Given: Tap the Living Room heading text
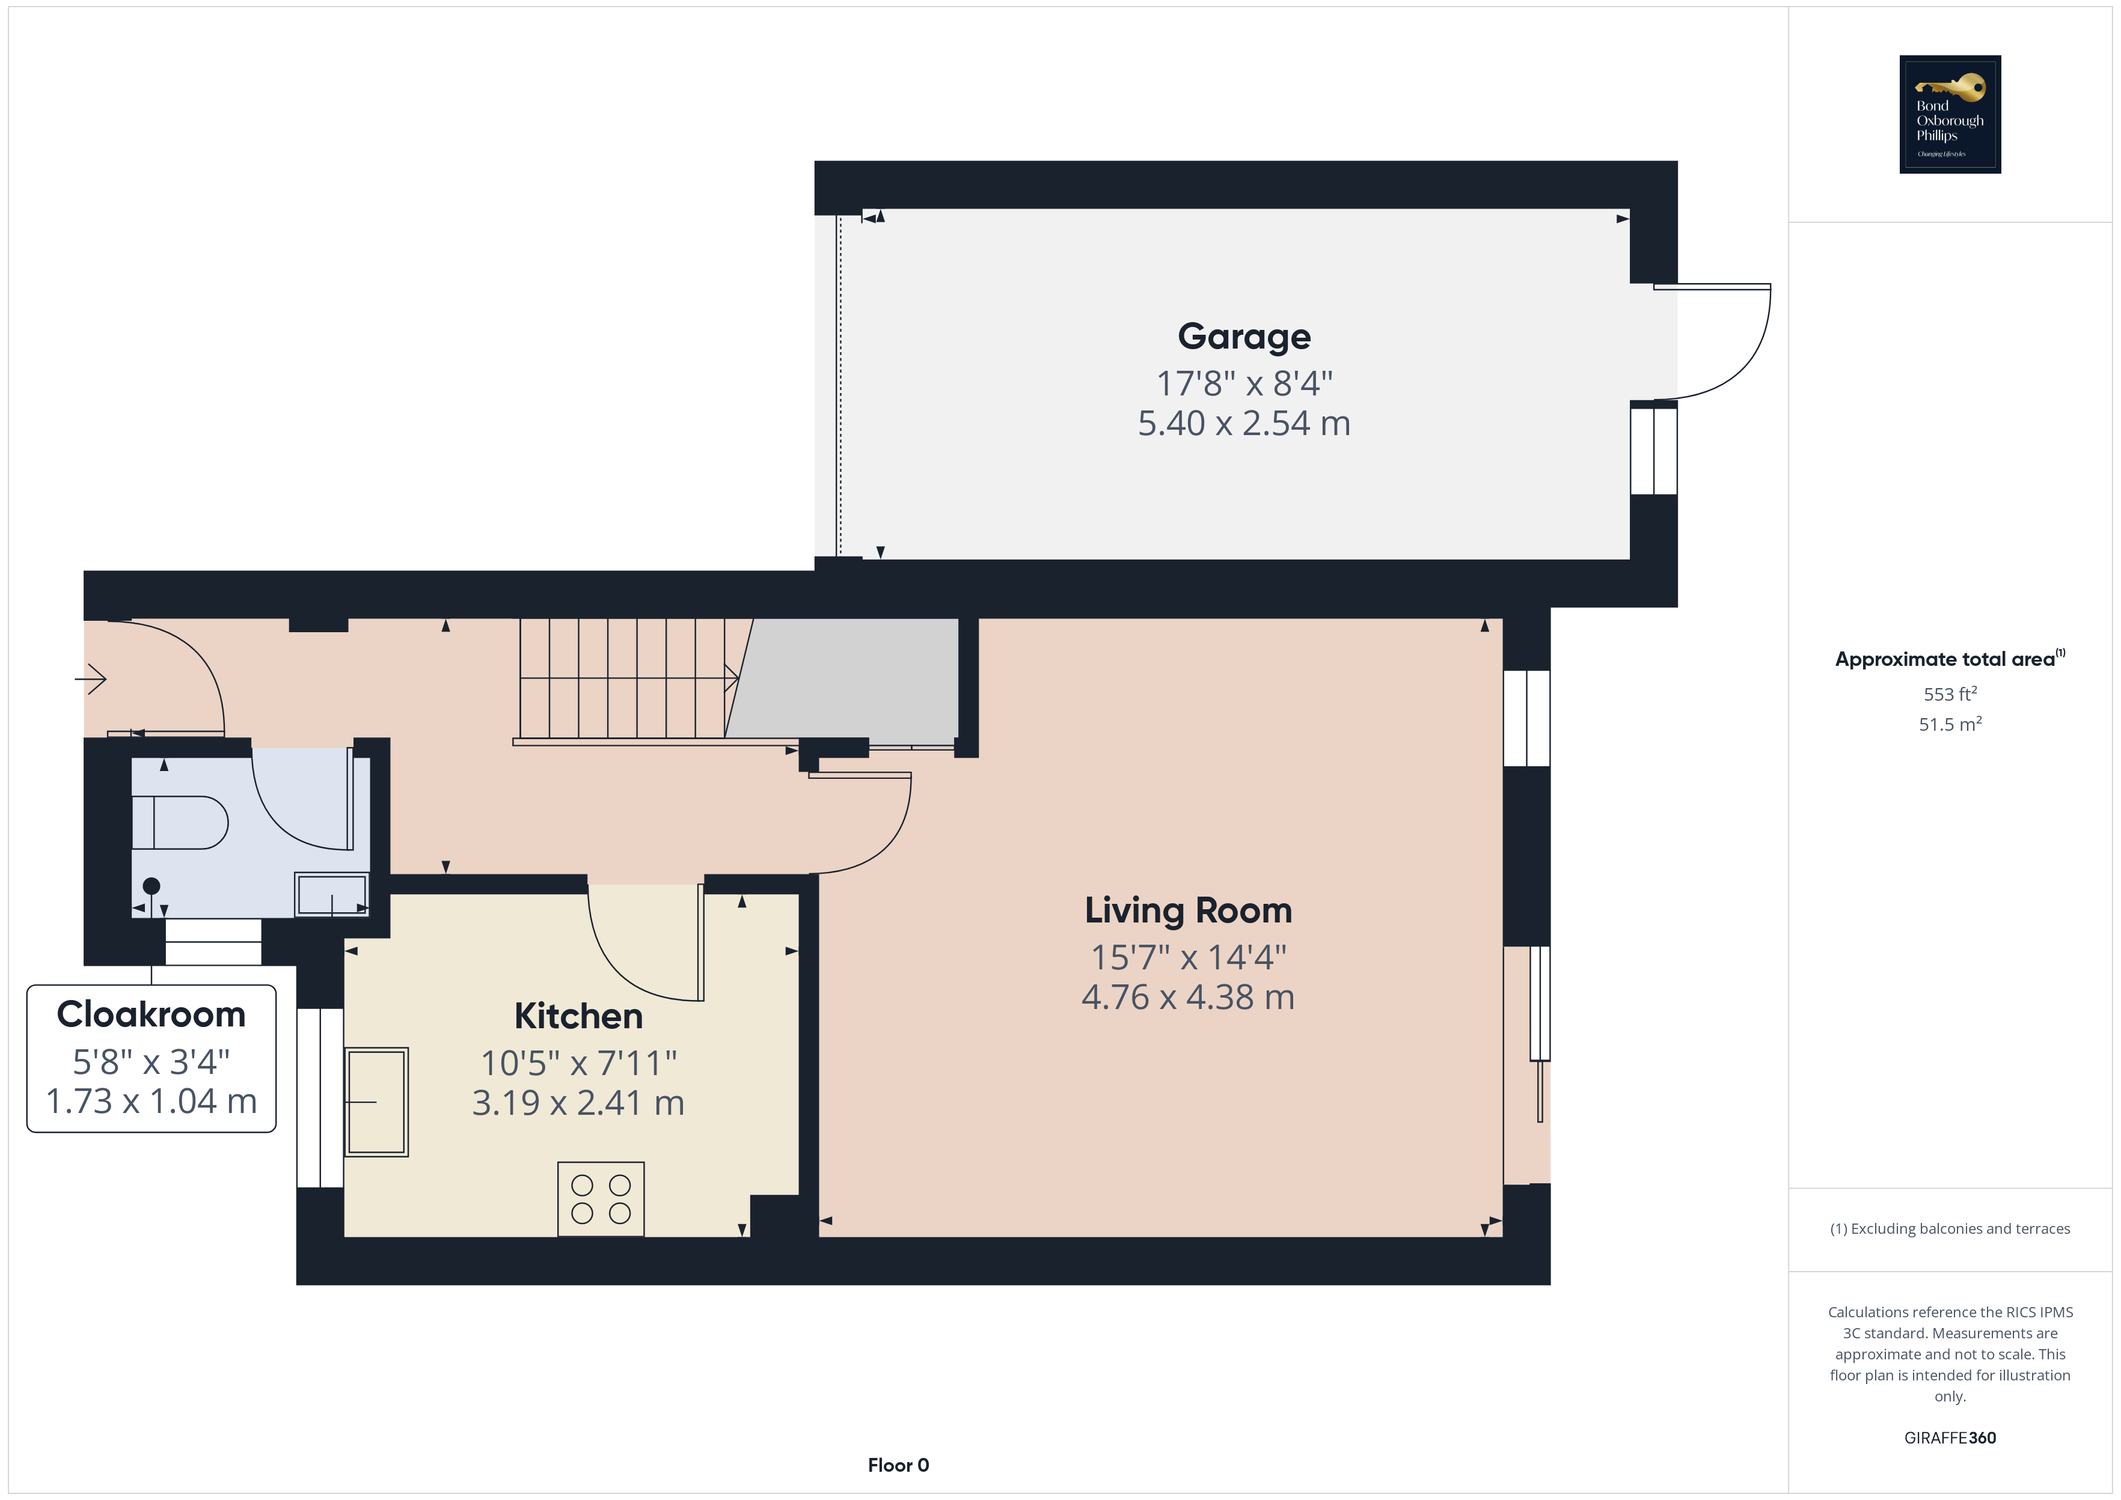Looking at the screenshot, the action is click(x=1188, y=910).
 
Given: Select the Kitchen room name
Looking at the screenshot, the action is click(x=578, y=1016).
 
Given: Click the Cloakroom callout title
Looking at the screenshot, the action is click(x=151, y=1014).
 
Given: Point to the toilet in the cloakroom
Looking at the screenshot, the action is click(x=180, y=822).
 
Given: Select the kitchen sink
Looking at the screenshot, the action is click(x=376, y=1102).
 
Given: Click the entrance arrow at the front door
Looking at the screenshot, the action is click(x=91, y=680).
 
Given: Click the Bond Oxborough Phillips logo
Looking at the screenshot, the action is click(x=1950, y=115).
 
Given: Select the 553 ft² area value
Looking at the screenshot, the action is click(x=1950, y=694).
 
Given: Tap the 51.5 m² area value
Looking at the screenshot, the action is click(x=1950, y=724).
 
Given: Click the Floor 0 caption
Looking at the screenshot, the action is click(x=898, y=1465).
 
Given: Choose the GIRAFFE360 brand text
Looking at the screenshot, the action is click(x=1950, y=1438).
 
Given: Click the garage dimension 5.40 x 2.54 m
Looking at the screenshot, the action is click(x=1243, y=423).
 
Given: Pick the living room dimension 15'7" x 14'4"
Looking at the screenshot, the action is click(x=1188, y=958).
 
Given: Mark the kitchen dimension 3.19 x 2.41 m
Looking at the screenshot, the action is click(x=578, y=1103).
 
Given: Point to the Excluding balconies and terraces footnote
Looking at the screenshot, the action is click(x=1950, y=1228).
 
